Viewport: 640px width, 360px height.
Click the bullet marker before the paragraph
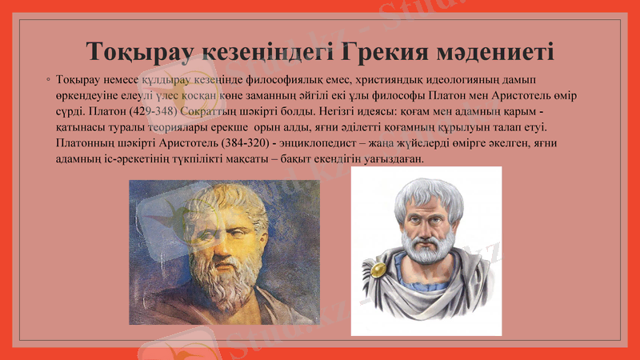(50, 82)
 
